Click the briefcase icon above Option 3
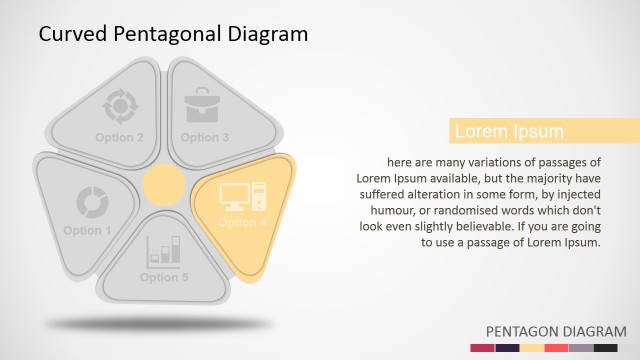coord(204,105)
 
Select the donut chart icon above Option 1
coord(92,201)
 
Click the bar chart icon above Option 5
coord(164,250)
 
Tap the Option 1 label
coord(88,231)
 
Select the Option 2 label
coord(120,137)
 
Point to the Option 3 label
coord(205,137)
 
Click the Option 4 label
coord(242,222)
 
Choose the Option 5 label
coord(164,277)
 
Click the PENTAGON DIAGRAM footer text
coord(556,331)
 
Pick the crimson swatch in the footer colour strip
coord(482,347)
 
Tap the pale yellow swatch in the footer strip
coord(532,347)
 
